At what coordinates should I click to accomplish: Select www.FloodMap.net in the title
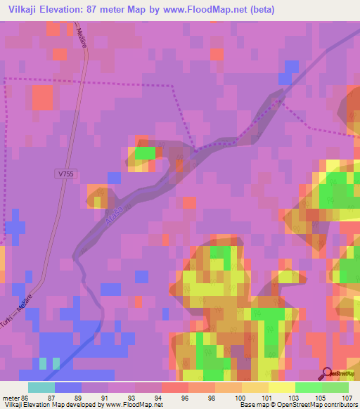[207, 10]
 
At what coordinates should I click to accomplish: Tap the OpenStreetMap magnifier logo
[328, 374]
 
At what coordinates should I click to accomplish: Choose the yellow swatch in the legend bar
[281, 387]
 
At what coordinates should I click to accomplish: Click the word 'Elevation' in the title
[67, 10]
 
